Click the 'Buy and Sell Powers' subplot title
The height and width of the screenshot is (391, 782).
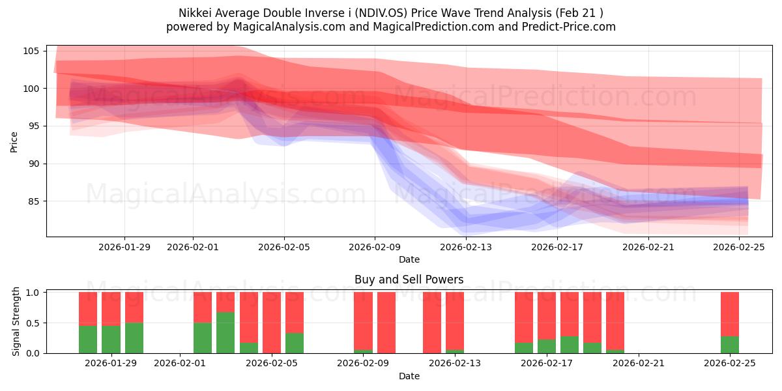(409, 280)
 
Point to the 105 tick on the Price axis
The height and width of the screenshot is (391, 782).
(33, 51)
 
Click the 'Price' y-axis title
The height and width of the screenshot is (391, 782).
(14, 141)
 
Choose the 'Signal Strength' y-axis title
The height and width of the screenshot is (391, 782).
(17, 322)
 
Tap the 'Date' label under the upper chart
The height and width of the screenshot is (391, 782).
(409, 259)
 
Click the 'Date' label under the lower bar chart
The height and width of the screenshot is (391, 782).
(409, 376)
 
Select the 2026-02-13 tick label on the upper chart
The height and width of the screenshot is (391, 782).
(466, 247)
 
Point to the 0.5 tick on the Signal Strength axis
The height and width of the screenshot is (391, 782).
(33, 323)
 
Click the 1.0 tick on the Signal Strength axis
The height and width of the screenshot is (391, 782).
(33, 292)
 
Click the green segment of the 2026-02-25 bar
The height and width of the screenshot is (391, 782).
(729, 345)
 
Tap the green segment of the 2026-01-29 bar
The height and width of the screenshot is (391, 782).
(134, 338)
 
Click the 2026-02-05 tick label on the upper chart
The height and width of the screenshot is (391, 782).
(283, 247)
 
